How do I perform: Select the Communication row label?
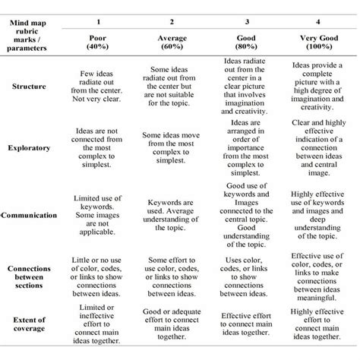pyautogui.click(x=30, y=216)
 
